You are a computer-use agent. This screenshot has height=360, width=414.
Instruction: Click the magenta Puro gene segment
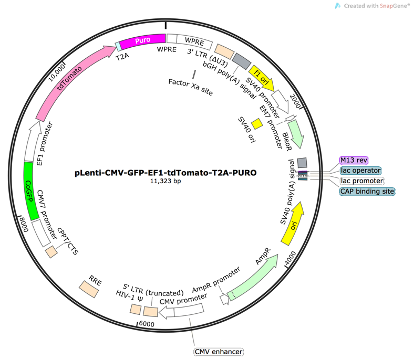click(x=141, y=43)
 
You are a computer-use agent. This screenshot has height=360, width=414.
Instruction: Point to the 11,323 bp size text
click(x=159, y=182)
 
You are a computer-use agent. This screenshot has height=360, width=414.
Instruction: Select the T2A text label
click(x=124, y=58)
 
